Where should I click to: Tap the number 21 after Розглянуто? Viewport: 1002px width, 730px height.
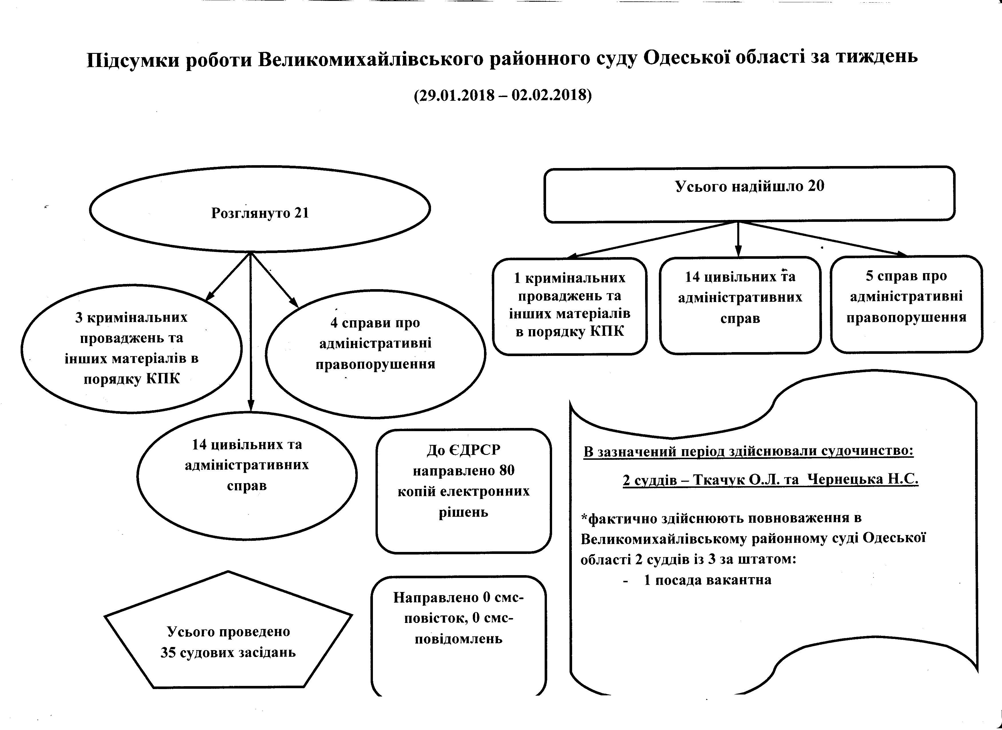[301, 213]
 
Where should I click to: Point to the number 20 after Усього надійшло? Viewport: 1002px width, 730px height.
[816, 186]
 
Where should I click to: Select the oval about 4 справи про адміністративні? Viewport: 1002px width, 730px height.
[375, 354]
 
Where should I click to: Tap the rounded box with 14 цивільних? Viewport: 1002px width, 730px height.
[740, 305]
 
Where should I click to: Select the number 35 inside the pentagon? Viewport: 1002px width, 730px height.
[168, 653]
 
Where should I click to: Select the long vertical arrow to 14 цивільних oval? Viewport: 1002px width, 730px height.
[250, 332]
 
